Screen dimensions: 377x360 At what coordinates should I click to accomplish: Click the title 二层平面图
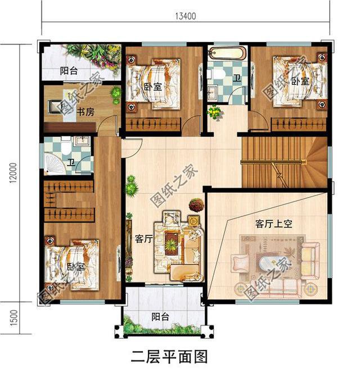pyautogui.click(x=169, y=357)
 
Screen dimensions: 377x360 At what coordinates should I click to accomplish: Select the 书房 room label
pyautogui.click(x=85, y=112)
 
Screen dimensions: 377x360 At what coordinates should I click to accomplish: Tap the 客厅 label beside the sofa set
pyautogui.click(x=143, y=238)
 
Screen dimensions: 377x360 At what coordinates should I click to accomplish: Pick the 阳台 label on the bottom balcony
pyautogui.click(x=161, y=317)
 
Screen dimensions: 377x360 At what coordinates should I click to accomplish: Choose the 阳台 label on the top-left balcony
pyautogui.click(x=70, y=71)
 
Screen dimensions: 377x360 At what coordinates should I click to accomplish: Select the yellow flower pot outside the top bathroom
pyautogui.click(x=214, y=112)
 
